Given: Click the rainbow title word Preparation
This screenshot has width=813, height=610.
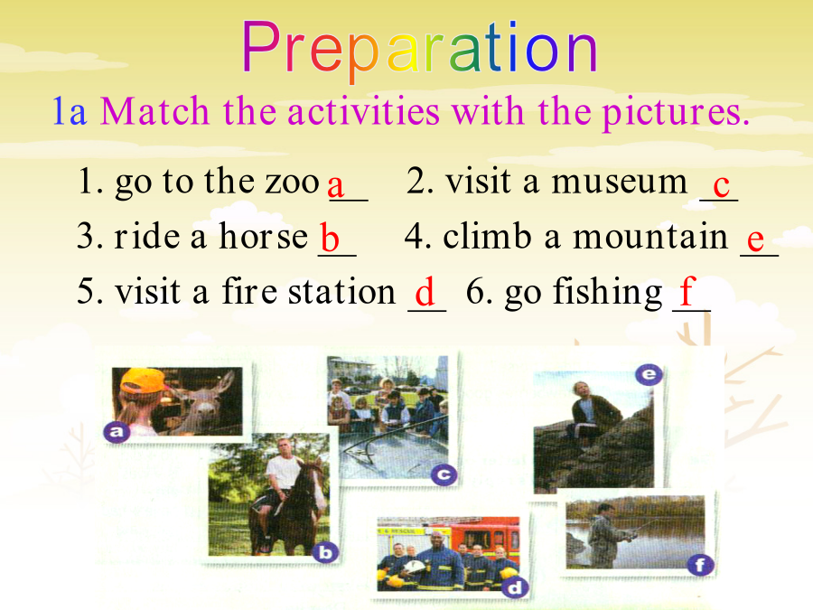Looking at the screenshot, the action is click(x=420, y=50).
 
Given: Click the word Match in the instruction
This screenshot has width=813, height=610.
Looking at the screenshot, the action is click(x=154, y=111).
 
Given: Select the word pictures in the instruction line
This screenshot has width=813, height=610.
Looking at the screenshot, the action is click(x=676, y=112).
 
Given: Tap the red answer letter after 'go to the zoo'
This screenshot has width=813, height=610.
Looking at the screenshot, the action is click(x=336, y=185).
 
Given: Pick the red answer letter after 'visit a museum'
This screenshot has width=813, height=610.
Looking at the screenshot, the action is click(x=721, y=185).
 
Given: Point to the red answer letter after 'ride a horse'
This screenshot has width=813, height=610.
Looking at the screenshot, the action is click(x=329, y=237).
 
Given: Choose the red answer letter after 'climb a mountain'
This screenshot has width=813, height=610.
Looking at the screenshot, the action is click(x=755, y=239).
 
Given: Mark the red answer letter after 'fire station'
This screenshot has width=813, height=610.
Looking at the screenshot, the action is click(x=425, y=292).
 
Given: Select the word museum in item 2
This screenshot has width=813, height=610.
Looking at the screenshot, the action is click(x=619, y=182).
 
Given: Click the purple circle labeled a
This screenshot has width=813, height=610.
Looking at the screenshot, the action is click(x=117, y=432).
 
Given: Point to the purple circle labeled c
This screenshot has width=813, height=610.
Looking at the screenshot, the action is click(x=444, y=474).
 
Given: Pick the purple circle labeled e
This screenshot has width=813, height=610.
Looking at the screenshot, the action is click(x=649, y=374).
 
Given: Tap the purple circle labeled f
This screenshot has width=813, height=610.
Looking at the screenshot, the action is click(x=700, y=565).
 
